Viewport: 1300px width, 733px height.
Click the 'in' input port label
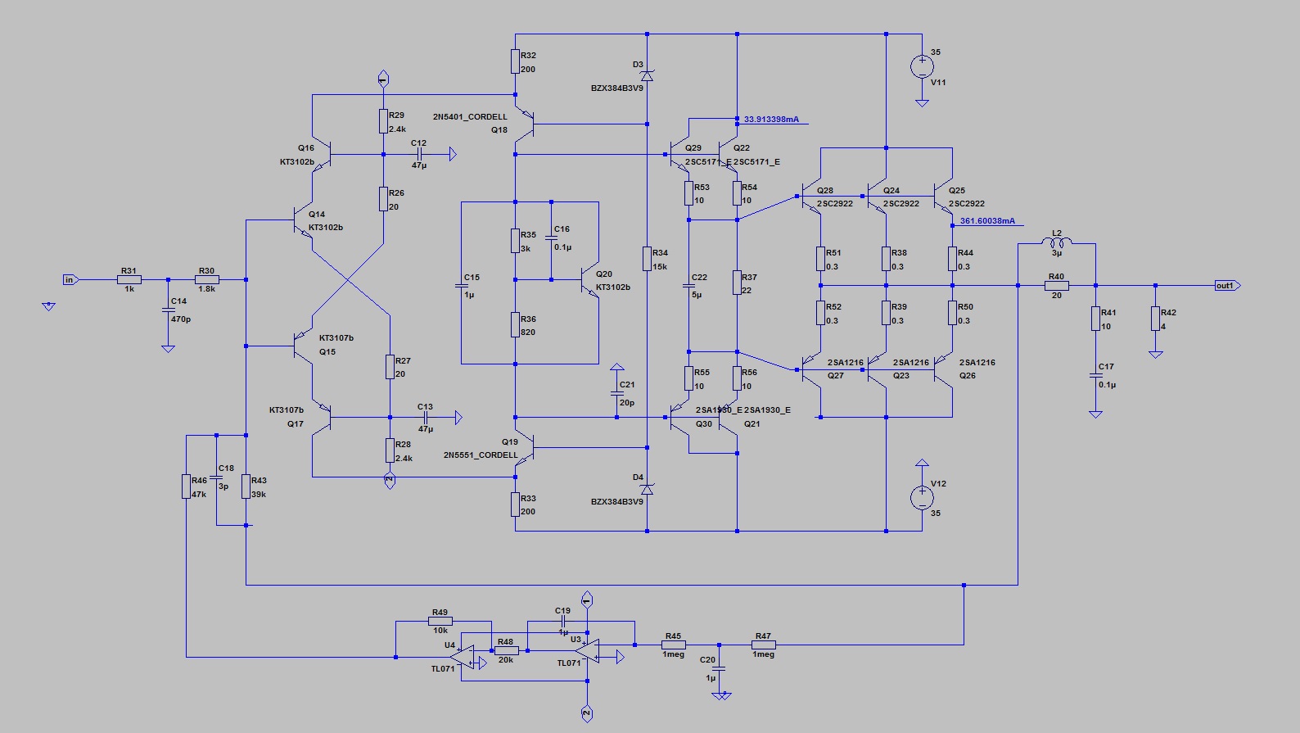click(x=70, y=280)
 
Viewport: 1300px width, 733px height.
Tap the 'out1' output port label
click(x=1226, y=286)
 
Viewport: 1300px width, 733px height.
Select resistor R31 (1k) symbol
click(x=129, y=280)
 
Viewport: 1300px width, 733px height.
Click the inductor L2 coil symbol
click(x=1057, y=242)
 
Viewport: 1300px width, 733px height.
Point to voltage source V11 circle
click(x=922, y=66)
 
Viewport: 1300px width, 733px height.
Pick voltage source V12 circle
click(x=922, y=496)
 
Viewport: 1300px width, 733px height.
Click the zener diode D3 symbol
click(x=647, y=76)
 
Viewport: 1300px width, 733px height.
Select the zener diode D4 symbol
click(x=647, y=489)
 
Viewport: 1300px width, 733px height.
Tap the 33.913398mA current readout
click(x=771, y=120)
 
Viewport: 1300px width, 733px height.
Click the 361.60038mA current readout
click(x=987, y=221)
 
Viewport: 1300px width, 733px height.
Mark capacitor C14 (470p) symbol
click(x=168, y=310)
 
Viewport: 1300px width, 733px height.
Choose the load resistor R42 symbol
click(x=1155, y=318)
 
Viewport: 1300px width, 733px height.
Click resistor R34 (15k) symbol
click(x=647, y=259)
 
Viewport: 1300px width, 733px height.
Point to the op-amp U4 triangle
click(x=463, y=656)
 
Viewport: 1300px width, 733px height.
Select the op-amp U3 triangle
click(x=586, y=650)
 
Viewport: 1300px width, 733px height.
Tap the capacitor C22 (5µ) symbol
click(x=689, y=286)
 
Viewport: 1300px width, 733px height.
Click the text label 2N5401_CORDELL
click(x=470, y=117)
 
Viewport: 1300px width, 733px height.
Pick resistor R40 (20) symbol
click(x=1056, y=286)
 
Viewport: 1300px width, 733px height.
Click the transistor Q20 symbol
click(x=589, y=281)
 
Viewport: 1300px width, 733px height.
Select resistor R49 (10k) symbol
click(x=440, y=621)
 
